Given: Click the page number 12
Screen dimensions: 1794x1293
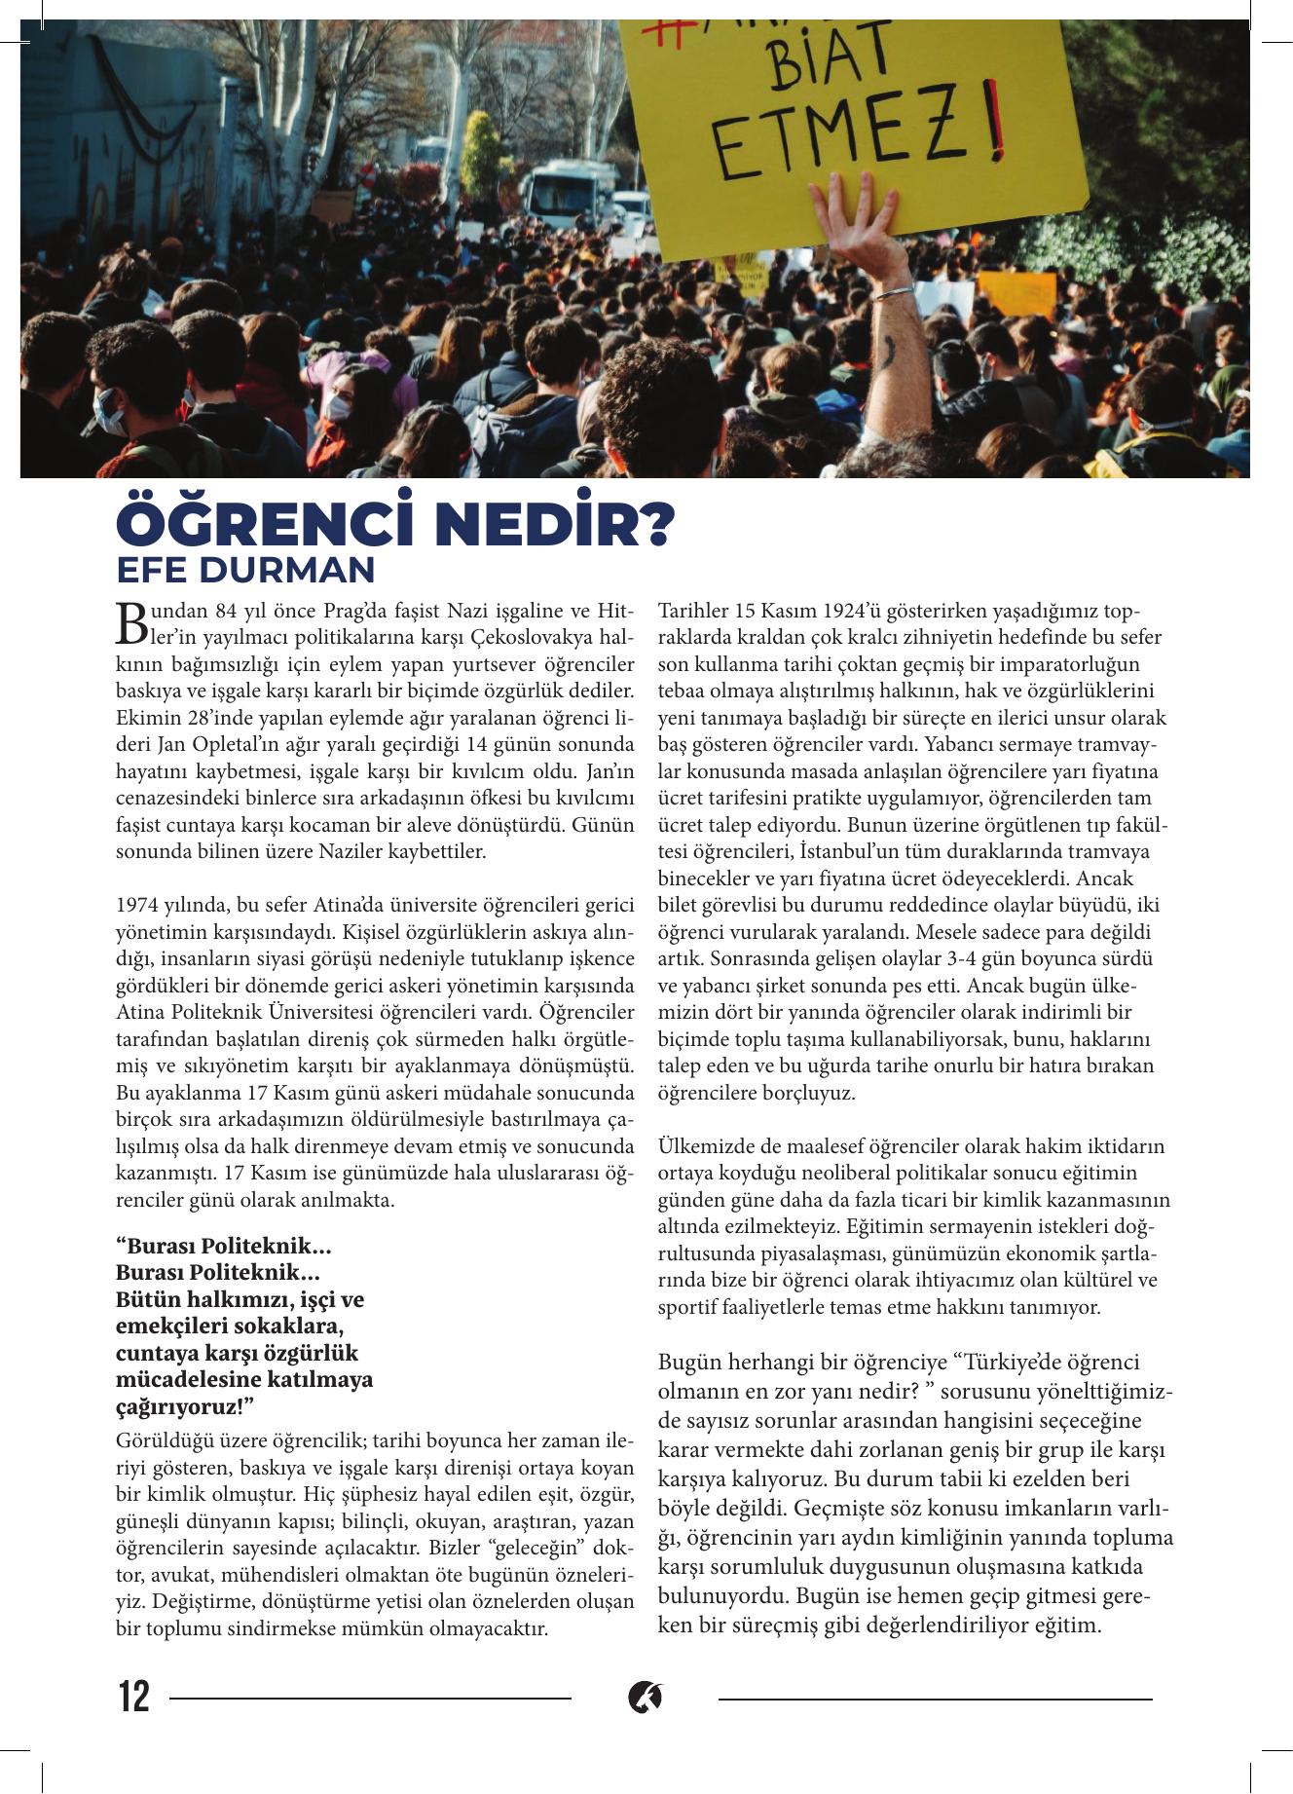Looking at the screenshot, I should pos(134,1698).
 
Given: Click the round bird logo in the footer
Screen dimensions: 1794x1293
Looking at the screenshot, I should pos(646,1698).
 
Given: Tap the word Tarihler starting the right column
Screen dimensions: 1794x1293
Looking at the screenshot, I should pos(690,612).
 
